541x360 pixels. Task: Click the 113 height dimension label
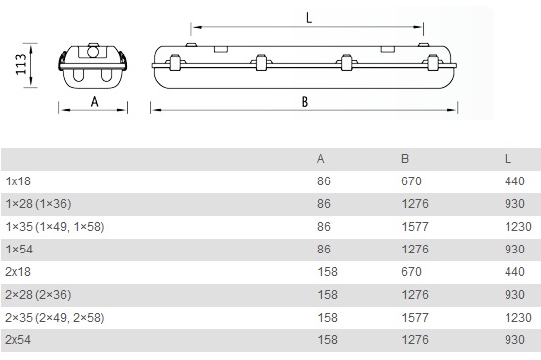21,64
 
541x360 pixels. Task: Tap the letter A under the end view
95,102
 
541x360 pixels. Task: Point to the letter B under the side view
304,102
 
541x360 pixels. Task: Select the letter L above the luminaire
309,18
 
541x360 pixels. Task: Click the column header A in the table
321,159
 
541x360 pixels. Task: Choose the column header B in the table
405,159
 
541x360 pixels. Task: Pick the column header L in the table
507,159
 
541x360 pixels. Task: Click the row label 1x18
18,181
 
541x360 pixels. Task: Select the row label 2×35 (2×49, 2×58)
55,318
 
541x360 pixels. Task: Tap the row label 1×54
19,250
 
